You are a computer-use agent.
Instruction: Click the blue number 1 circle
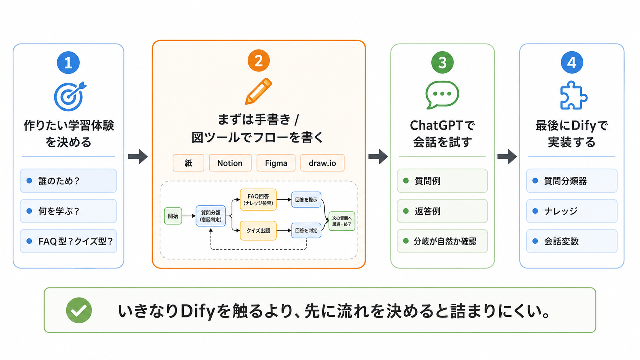(68, 62)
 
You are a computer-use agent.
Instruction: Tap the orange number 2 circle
(259, 60)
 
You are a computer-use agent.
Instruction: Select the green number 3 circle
(442, 62)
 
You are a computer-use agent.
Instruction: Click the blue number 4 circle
(572, 62)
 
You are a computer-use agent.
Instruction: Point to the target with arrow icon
(69, 96)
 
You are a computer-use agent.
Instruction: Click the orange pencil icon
(258, 91)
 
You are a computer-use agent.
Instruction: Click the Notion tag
(230, 163)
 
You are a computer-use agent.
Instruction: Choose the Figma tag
(276, 163)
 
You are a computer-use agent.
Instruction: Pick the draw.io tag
(322, 163)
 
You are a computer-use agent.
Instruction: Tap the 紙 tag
(188, 163)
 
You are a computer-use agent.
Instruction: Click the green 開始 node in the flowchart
(173, 216)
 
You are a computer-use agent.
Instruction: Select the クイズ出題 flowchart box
(258, 230)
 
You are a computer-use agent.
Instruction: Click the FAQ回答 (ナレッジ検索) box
(258, 200)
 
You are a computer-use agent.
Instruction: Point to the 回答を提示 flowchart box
(306, 200)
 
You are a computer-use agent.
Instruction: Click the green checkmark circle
(79, 310)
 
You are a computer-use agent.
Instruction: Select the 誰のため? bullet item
(68, 181)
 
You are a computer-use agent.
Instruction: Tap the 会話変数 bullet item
(572, 241)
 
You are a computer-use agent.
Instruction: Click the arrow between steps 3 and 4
(507, 156)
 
